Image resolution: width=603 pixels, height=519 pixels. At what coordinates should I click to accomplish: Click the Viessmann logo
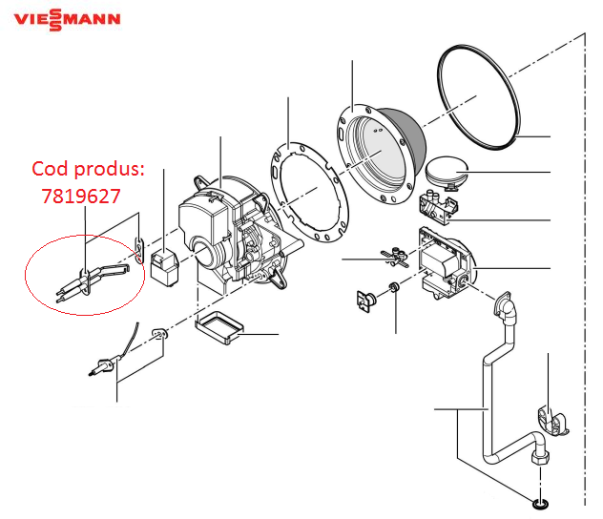(67, 19)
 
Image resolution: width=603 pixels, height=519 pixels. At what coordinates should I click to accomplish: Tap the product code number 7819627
(81, 197)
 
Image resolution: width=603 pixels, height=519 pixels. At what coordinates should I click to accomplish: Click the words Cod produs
(88, 169)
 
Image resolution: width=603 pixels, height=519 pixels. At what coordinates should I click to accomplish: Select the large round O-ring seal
(479, 97)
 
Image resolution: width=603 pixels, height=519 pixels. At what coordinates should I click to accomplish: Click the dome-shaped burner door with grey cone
(382, 153)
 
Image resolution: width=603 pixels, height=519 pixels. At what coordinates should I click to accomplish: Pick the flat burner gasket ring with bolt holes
(310, 192)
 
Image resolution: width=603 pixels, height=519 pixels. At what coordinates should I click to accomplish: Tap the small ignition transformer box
(164, 267)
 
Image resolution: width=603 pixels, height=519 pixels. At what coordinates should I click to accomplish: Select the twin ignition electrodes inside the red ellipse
(92, 280)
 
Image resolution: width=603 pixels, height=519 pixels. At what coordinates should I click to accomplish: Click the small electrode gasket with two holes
(139, 251)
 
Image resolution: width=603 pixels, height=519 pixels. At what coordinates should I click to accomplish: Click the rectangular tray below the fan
(219, 327)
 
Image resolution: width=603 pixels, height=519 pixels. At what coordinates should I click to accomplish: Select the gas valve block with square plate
(447, 262)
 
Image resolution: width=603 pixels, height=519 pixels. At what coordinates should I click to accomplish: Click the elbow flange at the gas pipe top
(504, 306)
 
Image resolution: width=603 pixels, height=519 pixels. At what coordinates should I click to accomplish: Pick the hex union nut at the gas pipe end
(540, 458)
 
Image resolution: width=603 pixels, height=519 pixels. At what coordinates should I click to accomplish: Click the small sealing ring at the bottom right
(540, 504)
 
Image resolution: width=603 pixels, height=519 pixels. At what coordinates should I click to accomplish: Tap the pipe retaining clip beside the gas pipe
(552, 422)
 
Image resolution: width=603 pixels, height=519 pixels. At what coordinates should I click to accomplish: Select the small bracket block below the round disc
(438, 206)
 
